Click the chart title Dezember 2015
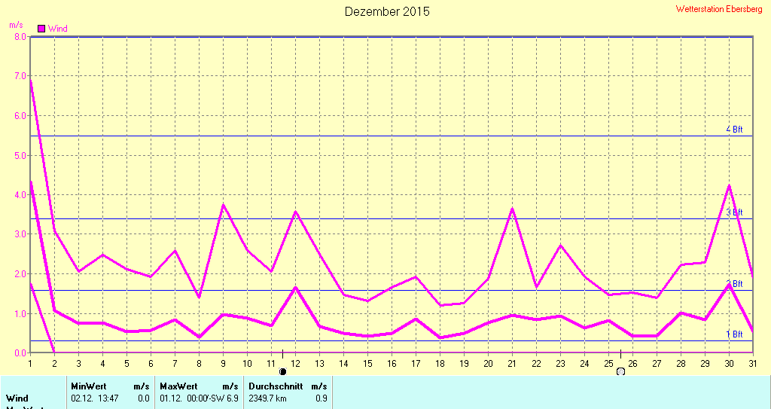pyautogui.click(x=387, y=11)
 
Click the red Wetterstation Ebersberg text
pyautogui.click(x=720, y=9)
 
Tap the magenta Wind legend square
pyautogui.click(x=41, y=29)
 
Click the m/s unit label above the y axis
pyautogui.click(x=16, y=25)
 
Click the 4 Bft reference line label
pyautogui.click(x=734, y=130)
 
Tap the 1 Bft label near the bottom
pyautogui.click(x=734, y=334)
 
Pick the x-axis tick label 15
pyautogui.click(x=367, y=364)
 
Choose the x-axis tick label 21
pyautogui.click(x=511, y=364)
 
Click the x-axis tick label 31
pyautogui.click(x=752, y=364)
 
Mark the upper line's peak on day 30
pyautogui.click(x=729, y=185)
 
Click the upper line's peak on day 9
pyautogui.click(x=223, y=205)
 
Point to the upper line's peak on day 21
pyautogui.click(x=512, y=209)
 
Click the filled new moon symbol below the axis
pyautogui.click(x=283, y=371)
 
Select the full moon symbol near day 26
pyautogui.click(x=620, y=371)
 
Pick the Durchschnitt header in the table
pyautogui.click(x=275, y=386)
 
